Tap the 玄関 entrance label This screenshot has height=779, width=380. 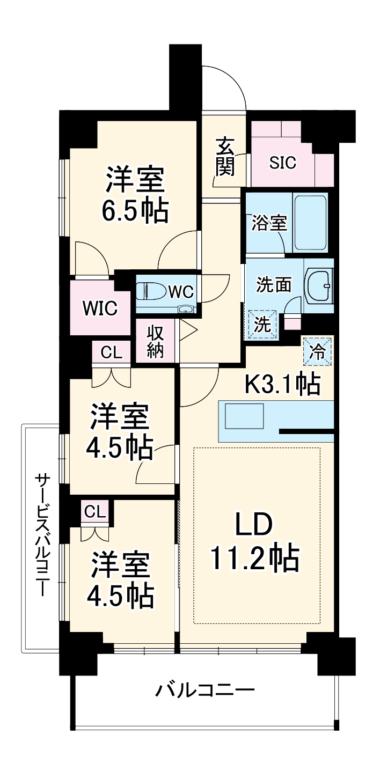pos(225,157)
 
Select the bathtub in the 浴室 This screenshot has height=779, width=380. pos(310,223)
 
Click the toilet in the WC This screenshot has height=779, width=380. pos(148,291)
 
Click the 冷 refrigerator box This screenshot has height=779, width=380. pos(318,351)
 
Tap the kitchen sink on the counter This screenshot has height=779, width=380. pos(244,416)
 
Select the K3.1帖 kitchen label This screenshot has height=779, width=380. pos(282,384)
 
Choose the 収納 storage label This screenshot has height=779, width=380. pos(156,342)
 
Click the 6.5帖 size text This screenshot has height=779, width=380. pos(135,211)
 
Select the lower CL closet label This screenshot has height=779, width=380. pos(96,512)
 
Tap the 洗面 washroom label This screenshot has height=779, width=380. pos(273,284)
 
